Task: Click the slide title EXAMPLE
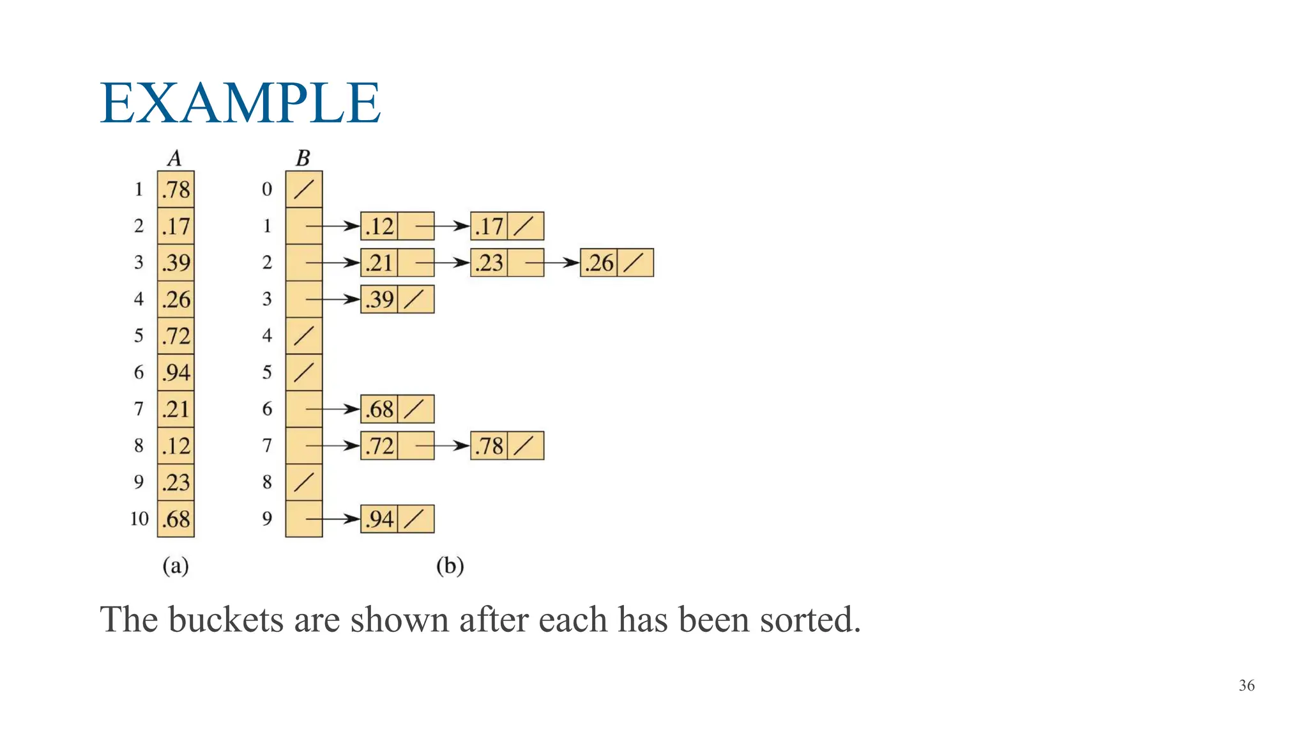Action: pyautogui.click(x=240, y=103)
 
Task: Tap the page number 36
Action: pyautogui.click(x=1246, y=686)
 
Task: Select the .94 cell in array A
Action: pyautogui.click(x=176, y=372)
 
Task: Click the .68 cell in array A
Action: pyautogui.click(x=176, y=519)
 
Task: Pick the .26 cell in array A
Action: pyautogui.click(x=176, y=299)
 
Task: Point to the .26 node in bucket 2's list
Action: pyautogui.click(x=599, y=263)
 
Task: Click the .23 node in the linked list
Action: pyautogui.click(x=489, y=263)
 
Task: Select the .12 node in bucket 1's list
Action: pyautogui.click(x=379, y=226)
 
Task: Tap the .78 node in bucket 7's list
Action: pyautogui.click(x=489, y=446)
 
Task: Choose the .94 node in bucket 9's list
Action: pyautogui.click(x=379, y=519)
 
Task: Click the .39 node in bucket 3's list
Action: pyautogui.click(x=379, y=299)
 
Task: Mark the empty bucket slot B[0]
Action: pyautogui.click(x=304, y=189)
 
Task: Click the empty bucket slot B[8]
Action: pyautogui.click(x=304, y=482)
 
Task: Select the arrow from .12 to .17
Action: pyautogui.click(x=443, y=226)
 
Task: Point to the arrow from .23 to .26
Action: pyautogui.click(x=552, y=263)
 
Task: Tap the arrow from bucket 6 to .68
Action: pyautogui.click(x=333, y=409)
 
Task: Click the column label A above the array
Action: pyautogui.click(x=174, y=158)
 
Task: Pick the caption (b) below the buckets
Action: pyautogui.click(x=450, y=566)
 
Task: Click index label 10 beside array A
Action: pyautogui.click(x=139, y=519)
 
